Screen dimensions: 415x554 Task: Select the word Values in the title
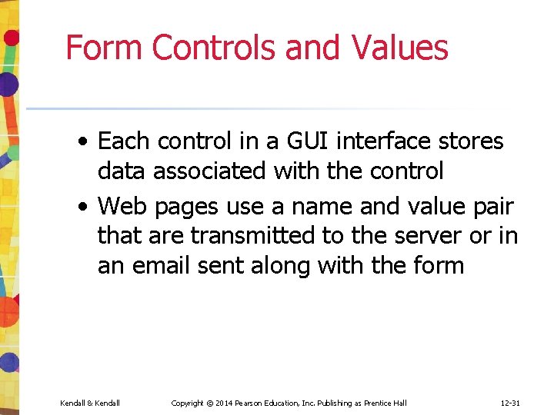400,48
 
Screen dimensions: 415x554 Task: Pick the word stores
472,141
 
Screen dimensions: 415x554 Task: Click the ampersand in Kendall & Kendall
89,403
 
